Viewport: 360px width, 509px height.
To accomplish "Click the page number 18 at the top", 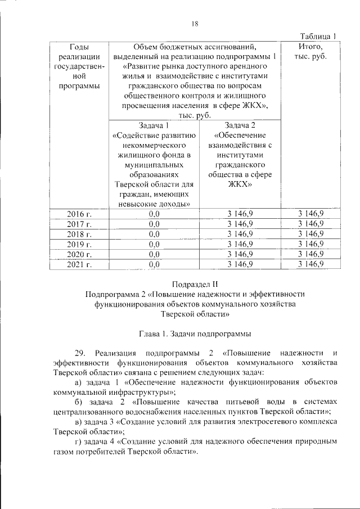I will [195, 23].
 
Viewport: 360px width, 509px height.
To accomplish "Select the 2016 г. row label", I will [79, 214].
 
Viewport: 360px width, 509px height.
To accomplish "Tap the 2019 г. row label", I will [79, 244].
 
